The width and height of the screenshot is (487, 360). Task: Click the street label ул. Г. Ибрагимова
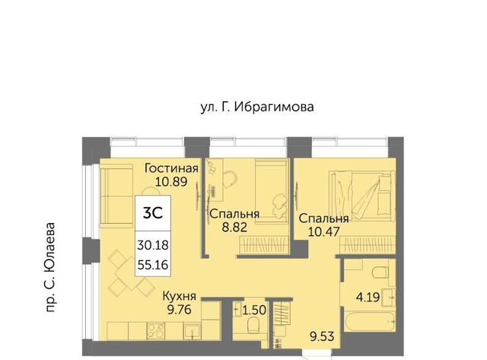click(257, 107)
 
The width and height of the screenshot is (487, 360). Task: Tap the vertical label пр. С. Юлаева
click(49, 267)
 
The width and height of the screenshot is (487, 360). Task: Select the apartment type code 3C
click(153, 213)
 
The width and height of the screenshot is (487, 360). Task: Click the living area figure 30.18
click(153, 245)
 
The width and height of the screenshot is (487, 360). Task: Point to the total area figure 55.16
click(153, 265)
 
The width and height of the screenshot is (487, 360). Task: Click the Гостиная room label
click(171, 168)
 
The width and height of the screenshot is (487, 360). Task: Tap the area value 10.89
click(171, 181)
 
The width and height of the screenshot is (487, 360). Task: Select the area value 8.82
click(234, 228)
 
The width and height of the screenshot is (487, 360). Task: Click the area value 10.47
click(323, 231)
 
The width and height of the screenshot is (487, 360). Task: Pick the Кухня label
click(180, 296)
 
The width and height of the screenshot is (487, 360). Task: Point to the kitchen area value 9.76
click(180, 310)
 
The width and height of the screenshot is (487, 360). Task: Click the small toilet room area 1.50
click(254, 310)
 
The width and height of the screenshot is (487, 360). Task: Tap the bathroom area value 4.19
click(368, 298)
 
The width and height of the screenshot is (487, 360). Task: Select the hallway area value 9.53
click(322, 336)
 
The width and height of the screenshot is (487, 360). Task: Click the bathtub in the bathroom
click(370, 322)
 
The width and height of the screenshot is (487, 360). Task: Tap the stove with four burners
click(156, 330)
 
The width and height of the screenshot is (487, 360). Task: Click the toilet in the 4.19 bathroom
click(380, 272)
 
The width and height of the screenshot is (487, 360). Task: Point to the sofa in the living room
click(116, 194)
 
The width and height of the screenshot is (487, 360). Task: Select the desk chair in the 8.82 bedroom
click(231, 179)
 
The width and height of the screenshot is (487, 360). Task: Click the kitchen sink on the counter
click(192, 331)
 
